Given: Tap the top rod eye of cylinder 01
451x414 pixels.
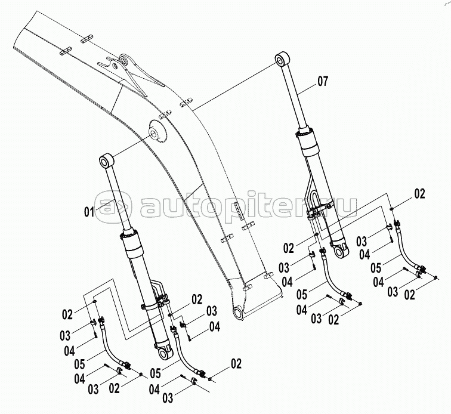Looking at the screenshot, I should click(106, 161).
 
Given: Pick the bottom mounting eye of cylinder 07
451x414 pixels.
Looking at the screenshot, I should click(341, 251).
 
